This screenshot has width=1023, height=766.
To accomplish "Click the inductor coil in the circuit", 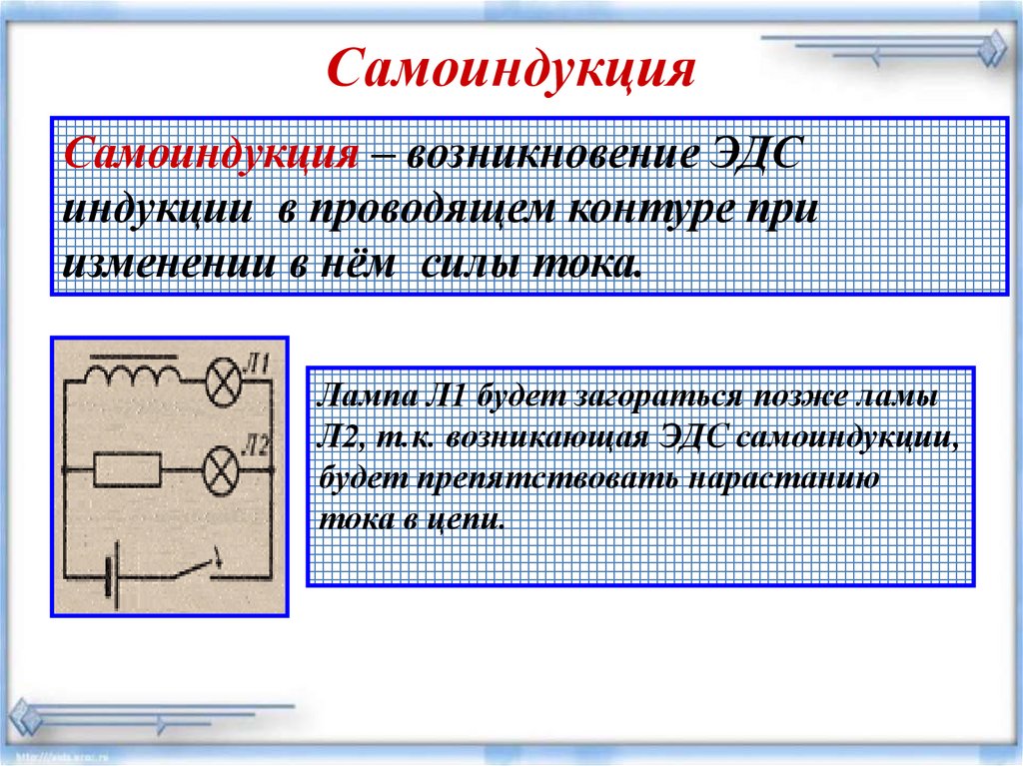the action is pos(133,375).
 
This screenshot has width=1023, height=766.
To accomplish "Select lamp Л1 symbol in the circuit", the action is pos(223,382).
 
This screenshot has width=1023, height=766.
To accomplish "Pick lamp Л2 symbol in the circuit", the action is pos(221,471).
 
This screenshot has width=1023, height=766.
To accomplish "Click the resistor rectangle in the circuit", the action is pos(127,469).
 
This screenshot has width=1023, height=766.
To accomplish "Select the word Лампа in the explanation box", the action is pos(367,396).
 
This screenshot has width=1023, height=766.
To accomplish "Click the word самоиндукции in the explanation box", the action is pos(847,438).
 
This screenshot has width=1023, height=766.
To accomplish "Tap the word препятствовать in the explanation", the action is pos(548,479).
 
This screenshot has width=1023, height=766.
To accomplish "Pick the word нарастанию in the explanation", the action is pos(783,479).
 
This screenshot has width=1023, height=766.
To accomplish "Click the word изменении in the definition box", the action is pos(169,264).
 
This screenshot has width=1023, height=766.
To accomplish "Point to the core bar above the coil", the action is pos(133,357).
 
